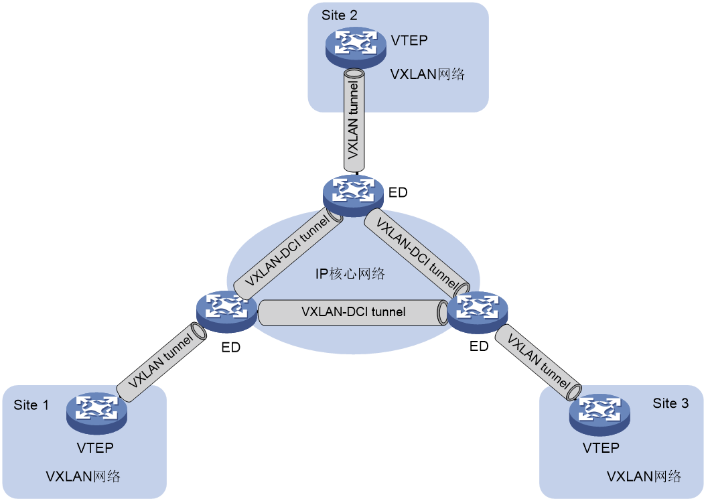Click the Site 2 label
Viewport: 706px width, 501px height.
(x=340, y=15)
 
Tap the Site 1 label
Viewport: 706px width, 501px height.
(x=31, y=405)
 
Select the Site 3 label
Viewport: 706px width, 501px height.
(x=670, y=403)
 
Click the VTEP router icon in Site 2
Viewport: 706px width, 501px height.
(x=356, y=48)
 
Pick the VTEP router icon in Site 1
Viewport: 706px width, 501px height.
(x=97, y=414)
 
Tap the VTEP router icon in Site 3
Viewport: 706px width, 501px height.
(x=599, y=415)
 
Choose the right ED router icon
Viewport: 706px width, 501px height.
(x=478, y=312)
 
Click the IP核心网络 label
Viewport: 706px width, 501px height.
(x=350, y=274)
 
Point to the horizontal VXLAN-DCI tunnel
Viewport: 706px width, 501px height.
(x=353, y=312)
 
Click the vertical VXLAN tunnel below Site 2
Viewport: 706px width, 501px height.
(x=354, y=120)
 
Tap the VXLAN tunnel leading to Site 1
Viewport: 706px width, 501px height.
(x=161, y=362)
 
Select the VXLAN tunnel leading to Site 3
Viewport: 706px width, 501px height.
(x=538, y=362)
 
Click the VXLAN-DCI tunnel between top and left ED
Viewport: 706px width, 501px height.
(x=288, y=254)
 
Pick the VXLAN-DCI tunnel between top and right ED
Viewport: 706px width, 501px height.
(x=417, y=253)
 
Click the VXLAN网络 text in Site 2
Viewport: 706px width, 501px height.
(x=427, y=74)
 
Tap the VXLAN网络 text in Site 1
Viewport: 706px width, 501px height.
(x=83, y=476)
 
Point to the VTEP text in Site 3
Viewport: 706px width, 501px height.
(x=601, y=448)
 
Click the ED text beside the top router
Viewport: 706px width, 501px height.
(x=398, y=193)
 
